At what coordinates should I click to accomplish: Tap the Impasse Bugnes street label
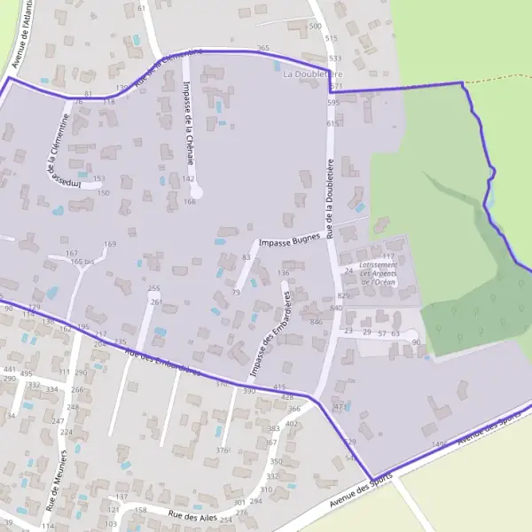(x=288, y=240)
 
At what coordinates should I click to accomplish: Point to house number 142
(x=188, y=179)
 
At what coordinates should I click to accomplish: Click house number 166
(x=190, y=201)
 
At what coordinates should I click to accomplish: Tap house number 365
(x=262, y=48)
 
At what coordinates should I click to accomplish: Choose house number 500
(x=315, y=27)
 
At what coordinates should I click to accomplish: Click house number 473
(x=340, y=406)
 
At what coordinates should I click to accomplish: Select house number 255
(x=153, y=288)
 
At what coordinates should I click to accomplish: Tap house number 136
(x=284, y=272)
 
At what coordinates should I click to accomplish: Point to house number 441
(x=10, y=369)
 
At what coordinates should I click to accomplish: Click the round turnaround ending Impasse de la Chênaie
(x=197, y=191)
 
